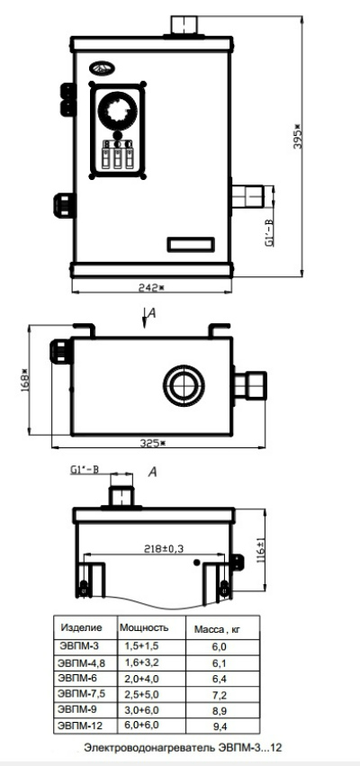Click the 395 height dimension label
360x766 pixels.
coord(299,137)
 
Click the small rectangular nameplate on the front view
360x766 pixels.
coord(191,244)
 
